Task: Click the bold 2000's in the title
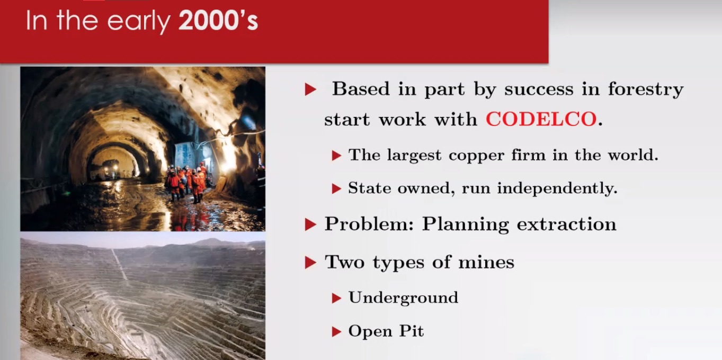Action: [x=218, y=21]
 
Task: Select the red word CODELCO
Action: [x=541, y=119]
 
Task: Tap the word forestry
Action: [x=646, y=89]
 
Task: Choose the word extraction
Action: [x=566, y=224]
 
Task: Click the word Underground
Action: [x=403, y=298]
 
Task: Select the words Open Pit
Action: [x=386, y=331]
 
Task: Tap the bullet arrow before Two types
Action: [x=310, y=263]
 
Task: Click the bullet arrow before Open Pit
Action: [x=336, y=331]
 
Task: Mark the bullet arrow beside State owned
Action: [x=336, y=188]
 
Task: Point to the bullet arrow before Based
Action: [x=310, y=89]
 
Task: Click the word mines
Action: [x=486, y=262]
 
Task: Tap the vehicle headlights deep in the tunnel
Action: [x=111, y=167]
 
